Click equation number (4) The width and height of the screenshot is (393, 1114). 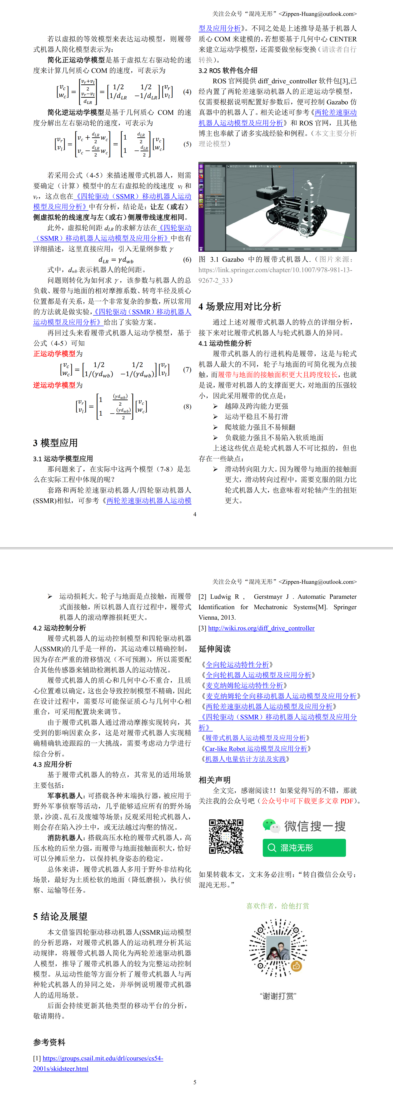[187, 92]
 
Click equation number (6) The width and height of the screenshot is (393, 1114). [187, 260]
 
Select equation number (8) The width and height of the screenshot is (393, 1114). [187, 406]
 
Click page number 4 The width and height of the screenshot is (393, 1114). [195, 514]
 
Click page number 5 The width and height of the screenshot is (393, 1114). [195, 1082]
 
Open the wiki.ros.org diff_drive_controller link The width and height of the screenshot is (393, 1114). [261, 628]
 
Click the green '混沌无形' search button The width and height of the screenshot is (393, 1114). [304, 848]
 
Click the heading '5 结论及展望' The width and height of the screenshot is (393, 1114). [60, 916]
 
